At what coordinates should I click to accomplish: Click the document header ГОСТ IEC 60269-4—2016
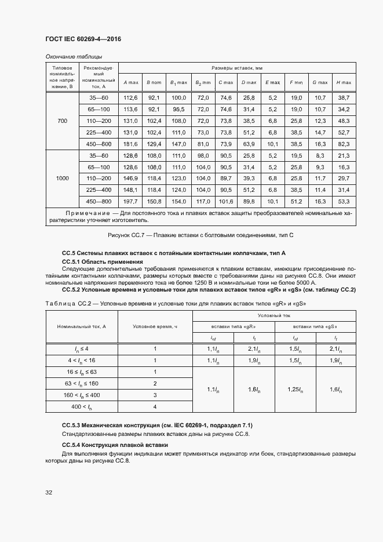(83, 39)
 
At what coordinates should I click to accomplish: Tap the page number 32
(49, 493)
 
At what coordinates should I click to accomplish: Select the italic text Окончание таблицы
(74, 56)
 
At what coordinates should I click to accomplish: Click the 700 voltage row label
(62, 121)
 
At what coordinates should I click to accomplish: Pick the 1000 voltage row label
(62, 179)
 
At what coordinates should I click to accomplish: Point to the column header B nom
(153, 82)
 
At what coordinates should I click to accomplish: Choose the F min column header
(296, 82)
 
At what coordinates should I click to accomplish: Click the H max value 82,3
(344, 143)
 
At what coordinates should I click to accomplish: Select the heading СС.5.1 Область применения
(102, 262)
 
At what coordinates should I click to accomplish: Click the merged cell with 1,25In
(294, 390)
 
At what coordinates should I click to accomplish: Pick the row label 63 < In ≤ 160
(81, 384)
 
